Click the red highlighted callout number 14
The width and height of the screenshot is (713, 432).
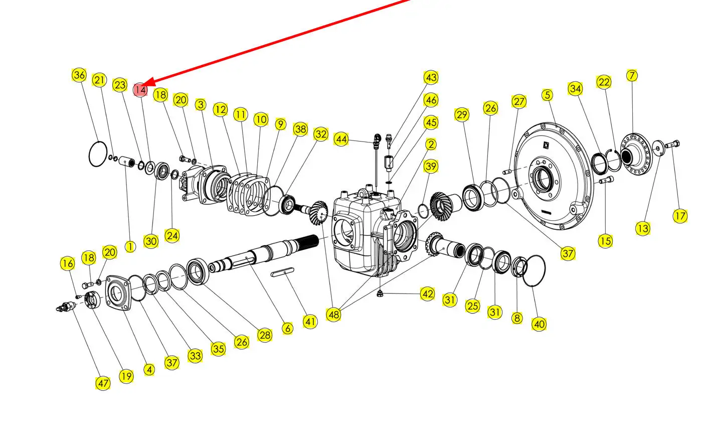140,90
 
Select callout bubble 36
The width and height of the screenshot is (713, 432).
79,75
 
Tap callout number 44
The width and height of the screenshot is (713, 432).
341,139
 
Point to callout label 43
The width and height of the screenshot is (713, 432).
431,77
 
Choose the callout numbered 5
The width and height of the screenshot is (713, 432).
547,95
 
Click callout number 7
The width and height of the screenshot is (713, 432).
632,76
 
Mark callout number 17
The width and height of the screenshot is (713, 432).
680,216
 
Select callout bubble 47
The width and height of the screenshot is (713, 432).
103,383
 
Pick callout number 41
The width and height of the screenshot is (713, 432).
310,322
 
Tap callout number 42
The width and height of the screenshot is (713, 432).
427,294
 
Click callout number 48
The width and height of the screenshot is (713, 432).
333,315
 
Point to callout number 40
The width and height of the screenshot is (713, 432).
539,324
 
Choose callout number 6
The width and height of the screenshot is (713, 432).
287,328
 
